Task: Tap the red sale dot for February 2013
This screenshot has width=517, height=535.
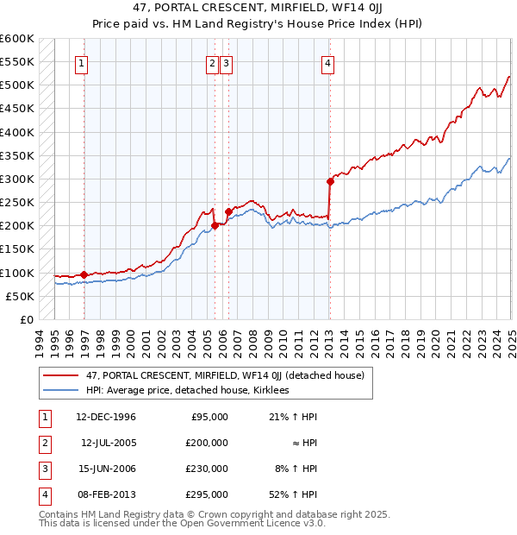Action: pyautogui.click(x=330, y=181)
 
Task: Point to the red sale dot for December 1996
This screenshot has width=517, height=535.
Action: pyautogui.click(x=84, y=275)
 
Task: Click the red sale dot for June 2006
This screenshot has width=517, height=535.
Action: pyautogui.click(x=228, y=211)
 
